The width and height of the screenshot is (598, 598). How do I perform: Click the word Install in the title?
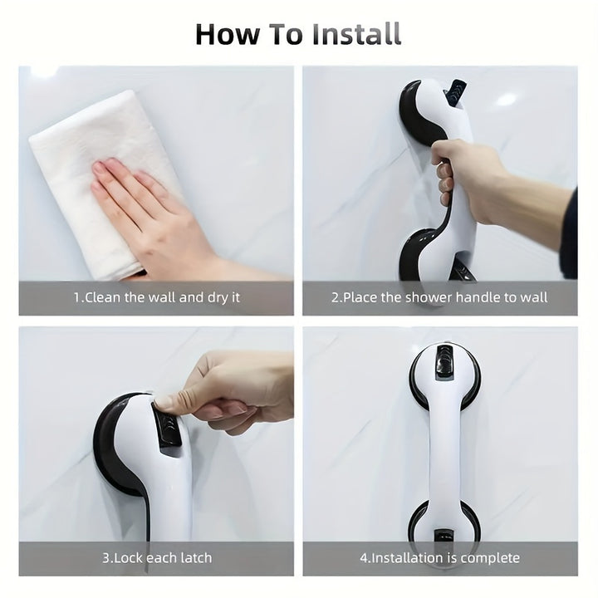click(x=357, y=34)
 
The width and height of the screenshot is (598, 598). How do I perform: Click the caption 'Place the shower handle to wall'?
click(x=439, y=297)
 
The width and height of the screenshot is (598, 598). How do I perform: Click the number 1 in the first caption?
click(x=77, y=297)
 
